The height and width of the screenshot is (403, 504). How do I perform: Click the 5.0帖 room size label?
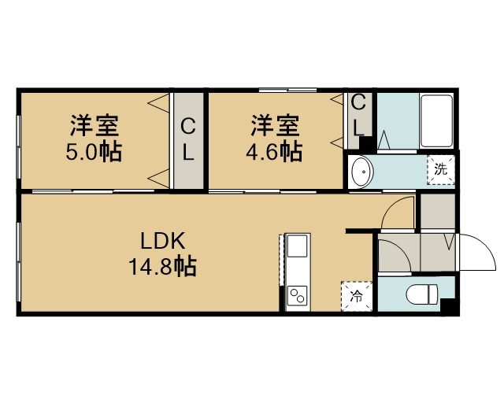pos(94,152)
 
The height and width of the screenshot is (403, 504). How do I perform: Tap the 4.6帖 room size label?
pos(274,152)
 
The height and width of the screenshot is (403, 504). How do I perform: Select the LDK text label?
pos(163,241)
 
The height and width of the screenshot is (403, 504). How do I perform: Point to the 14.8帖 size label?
pos(163,266)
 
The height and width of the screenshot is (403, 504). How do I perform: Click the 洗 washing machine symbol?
pos(441,170)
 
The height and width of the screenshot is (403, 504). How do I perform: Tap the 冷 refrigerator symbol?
pos(357,296)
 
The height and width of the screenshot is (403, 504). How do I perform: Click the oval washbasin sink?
pos(362,172)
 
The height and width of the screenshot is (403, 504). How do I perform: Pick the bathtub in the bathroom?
pos(436,121)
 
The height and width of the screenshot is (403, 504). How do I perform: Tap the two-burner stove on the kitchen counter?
pos(298,296)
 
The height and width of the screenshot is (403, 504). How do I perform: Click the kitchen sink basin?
pos(298,246)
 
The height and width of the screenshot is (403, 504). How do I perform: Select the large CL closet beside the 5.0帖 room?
pos(188,141)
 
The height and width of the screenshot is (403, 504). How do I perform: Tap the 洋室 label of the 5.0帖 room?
pos(94,126)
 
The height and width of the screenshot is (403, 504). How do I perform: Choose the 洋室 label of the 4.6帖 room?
pos(275,126)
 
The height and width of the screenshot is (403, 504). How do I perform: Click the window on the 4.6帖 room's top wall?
pos(288,90)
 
